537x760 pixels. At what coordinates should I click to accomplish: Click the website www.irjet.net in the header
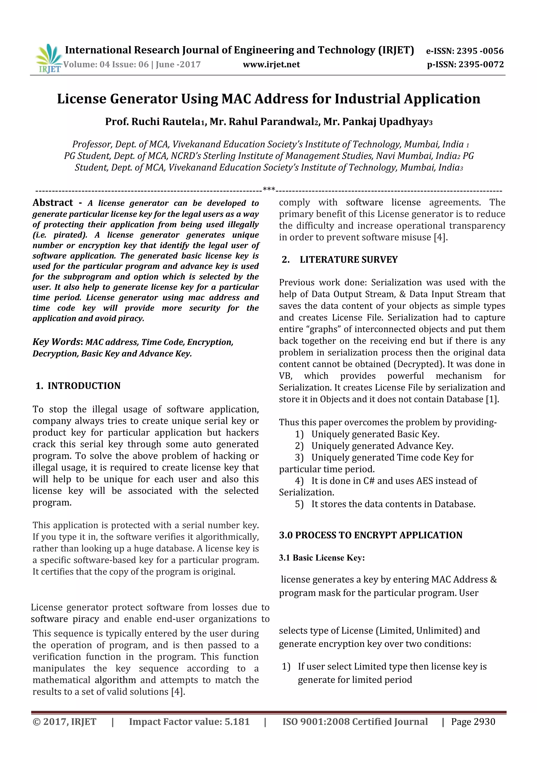[x=271, y=65]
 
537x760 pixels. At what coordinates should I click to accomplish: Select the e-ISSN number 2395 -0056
[x=480, y=51]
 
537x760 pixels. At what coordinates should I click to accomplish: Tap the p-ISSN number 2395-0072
[x=481, y=65]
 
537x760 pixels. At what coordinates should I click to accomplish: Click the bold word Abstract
[x=53, y=202]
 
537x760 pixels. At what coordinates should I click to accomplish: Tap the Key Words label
[x=56, y=342]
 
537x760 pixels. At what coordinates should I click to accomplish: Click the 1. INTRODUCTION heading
[x=78, y=386]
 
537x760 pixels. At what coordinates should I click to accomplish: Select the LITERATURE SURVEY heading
[x=348, y=260]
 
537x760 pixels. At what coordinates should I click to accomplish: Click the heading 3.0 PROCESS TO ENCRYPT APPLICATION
[x=370, y=535]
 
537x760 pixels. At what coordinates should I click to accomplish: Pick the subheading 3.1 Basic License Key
[x=322, y=558]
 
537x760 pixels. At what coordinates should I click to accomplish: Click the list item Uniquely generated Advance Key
[x=382, y=446]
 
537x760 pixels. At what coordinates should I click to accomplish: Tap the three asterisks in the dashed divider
[x=269, y=189]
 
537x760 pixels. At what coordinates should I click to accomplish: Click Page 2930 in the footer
[x=473, y=722]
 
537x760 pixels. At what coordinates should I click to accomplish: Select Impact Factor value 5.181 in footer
[x=189, y=722]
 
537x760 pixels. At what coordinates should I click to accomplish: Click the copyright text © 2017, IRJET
[x=65, y=722]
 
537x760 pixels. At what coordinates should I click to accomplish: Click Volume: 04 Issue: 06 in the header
[x=106, y=65]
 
